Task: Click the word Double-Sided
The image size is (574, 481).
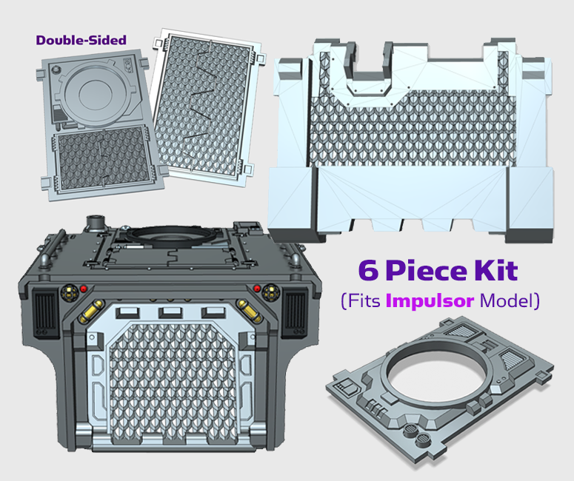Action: (x=81, y=40)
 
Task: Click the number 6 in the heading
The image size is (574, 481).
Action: (x=367, y=270)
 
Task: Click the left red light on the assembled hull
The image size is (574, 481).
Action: (x=84, y=289)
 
